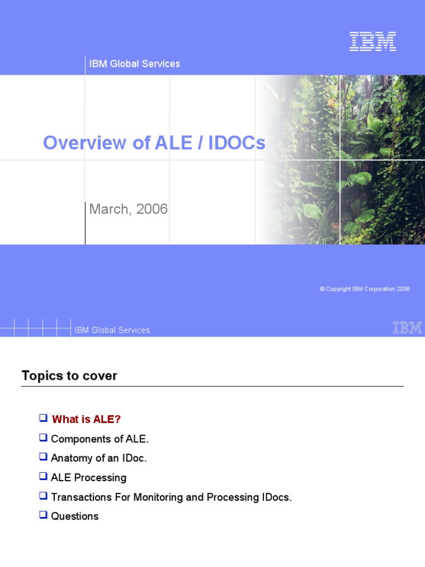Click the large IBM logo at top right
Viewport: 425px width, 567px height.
pyautogui.click(x=372, y=42)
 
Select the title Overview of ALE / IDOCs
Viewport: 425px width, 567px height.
pyautogui.click(x=154, y=143)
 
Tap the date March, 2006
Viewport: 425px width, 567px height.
pyautogui.click(x=128, y=209)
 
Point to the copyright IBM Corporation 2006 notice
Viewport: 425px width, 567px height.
pyautogui.click(x=365, y=289)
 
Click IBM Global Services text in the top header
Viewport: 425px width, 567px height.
pyautogui.click(x=134, y=64)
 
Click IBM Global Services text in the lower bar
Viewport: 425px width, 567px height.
pyautogui.click(x=112, y=330)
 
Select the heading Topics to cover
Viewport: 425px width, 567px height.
pyautogui.click(x=69, y=376)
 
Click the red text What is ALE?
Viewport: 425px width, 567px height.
pyautogui.click(x=86, y=419)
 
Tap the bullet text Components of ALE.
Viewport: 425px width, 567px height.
pyautogui.click(x=100, y=439)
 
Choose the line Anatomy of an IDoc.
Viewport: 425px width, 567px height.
pyautogui.click(x=99, y=458)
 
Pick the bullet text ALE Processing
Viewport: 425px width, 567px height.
pyautogui.click(x=89, y=477)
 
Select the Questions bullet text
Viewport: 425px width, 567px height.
pyautogui.click(x=75, y=516)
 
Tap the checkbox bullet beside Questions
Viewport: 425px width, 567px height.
pyautogui.click(x=43, y=515)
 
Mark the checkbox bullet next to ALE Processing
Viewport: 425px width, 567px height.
pyautogui.click(x=43, y=476)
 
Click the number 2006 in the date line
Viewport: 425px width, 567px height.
pyautogui.click(x=152, y=209)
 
